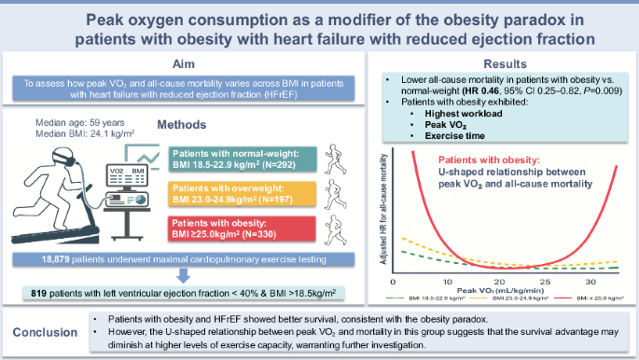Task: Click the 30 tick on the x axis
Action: (588, 281)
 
